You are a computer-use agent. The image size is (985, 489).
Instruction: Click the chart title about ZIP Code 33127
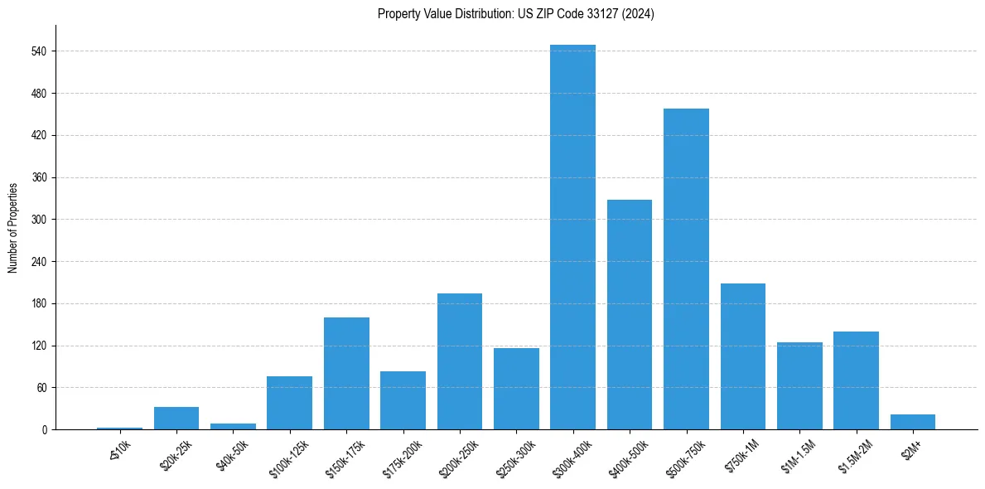(515, 14)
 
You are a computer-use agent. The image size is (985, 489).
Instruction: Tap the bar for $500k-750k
(686, 269)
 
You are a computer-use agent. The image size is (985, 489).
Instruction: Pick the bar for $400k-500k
(630, 314)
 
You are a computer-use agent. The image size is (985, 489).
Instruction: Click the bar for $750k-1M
(743, 356)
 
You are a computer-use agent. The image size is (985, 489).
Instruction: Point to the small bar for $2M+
(913, 422)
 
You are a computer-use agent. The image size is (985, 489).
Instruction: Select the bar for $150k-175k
(346, 373)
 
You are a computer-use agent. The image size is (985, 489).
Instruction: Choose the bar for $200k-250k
(460, 361)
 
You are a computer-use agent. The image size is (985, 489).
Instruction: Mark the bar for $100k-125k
(289, 403)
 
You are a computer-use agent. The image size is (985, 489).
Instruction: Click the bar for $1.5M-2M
(856, 380)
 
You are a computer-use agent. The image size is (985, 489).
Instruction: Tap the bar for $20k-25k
(176, 418)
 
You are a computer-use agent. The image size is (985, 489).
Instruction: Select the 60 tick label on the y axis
(41, 388)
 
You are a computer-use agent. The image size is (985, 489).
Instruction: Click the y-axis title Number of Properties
(13, 227)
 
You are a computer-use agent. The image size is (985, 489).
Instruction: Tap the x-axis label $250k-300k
(514, 454)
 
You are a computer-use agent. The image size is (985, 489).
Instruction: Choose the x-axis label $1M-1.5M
(798, 453)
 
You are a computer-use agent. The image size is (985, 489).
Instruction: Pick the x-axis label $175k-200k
(401, 454)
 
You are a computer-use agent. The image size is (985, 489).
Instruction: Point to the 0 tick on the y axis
(45, 430)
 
